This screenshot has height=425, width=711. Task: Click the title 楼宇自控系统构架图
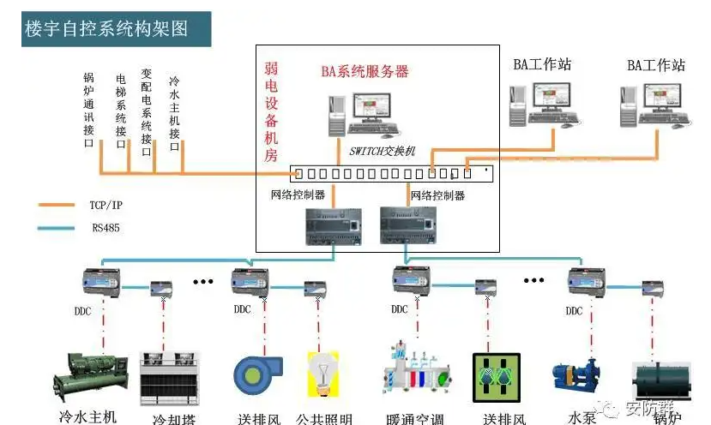(x=106, y=29)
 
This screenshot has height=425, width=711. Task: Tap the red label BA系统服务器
(x=365, y=72)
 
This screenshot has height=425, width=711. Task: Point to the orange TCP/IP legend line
(x=58, y=205)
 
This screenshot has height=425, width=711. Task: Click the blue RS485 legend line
(x=58, y=228)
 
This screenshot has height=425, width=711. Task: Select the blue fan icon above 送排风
(x=255, y=375)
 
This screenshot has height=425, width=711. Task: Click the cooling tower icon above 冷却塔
(x=164, y=376)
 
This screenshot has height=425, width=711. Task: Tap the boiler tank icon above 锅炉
(x=660, y=380)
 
